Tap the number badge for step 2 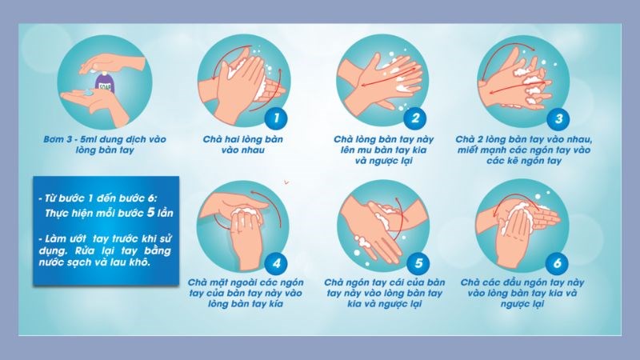tap(414, 119)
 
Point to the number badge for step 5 tap(414, 262)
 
